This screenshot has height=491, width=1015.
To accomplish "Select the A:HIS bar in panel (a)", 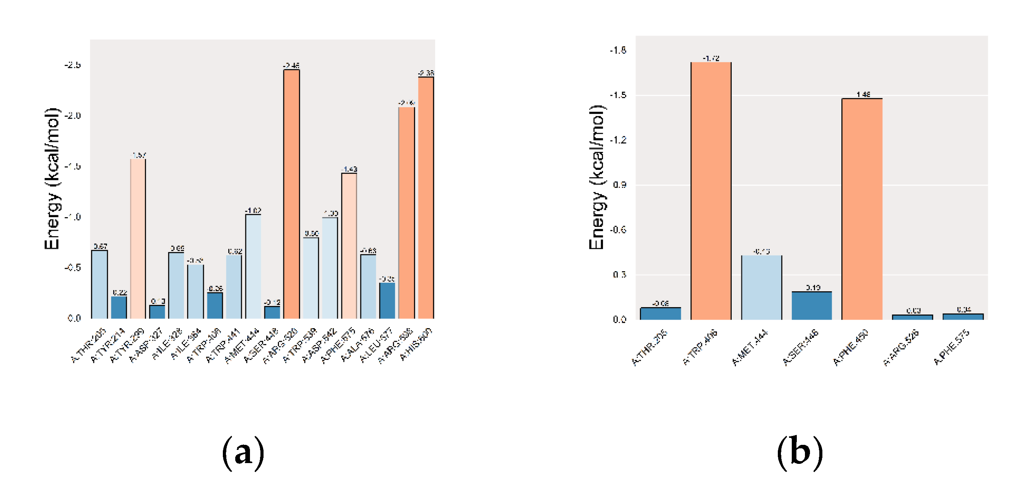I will pyautogui.click(x=426, y=197).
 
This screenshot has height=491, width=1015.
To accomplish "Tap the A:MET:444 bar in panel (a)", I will pyautogui.click(x=253, y=266).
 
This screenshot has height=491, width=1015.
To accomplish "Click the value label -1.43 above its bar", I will pyautogui.click(x=349, y=169).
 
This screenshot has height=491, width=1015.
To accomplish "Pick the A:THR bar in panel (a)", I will pyautogui.click(x=99, y=284).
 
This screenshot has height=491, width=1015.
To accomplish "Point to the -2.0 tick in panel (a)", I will pyautogui.click(x=72, y=116).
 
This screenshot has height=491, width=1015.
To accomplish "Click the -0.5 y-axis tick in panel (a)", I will pyautogui.click(x=72, y=268).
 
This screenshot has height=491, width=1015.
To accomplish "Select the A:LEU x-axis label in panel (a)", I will pyautogui.click(x=377, y=345).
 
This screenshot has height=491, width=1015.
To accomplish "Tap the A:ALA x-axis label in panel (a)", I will pyautogui.click(x=358, y=345).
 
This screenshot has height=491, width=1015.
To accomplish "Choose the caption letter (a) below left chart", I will pyautogui.click(x=243, y=453).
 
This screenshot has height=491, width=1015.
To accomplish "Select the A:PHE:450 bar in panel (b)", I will pyautogui.click(x=862, y=209).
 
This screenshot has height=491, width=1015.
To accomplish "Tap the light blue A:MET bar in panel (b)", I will pyautogui.click(x=761, y=287).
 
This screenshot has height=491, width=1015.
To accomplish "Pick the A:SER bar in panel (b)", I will pyautogui.click(x=812, y=305).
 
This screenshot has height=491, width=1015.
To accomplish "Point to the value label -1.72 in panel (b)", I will pyautogui.click(x=711, y=58).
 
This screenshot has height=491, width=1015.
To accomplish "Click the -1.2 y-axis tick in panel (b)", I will pyautogui.click(x=618, y=140).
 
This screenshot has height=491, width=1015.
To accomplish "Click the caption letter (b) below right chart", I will pyautogui.click(x=800, y=453).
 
